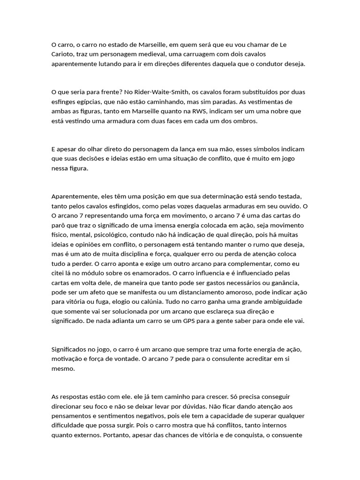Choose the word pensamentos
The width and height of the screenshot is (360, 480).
tap(74, 416)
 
